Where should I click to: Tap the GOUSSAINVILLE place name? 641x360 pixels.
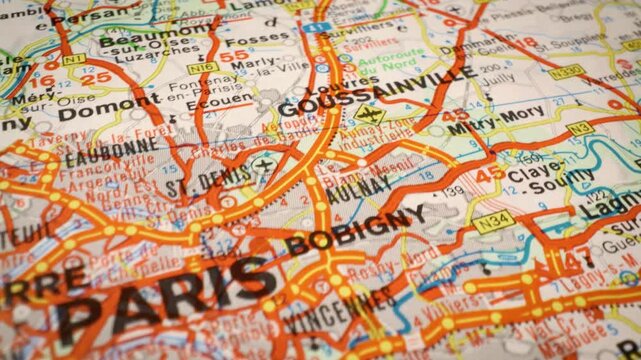point(376,92)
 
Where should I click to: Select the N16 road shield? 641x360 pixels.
point(203,68)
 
